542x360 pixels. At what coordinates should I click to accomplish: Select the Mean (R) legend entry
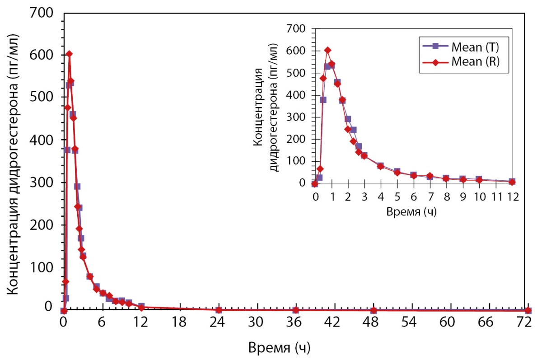click(x=470, y=63)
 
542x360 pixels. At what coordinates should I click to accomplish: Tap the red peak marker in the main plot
click(x=69, y=54)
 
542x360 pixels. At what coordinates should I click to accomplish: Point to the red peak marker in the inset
click(x=327, y=50)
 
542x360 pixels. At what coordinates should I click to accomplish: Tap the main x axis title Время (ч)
click(x=279, y=348)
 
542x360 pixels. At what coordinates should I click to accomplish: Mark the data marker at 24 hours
click(x=219, y=310)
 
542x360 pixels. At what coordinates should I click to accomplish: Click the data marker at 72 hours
click(x=528, y=310)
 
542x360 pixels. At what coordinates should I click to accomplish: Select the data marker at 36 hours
click(x=296, y=310)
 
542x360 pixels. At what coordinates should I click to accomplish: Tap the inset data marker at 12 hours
click(x=512, y=182)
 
